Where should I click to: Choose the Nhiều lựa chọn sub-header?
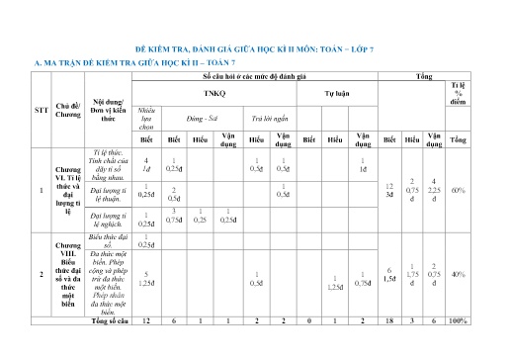[146, 117]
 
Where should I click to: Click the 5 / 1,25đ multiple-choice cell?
[146, 279]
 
